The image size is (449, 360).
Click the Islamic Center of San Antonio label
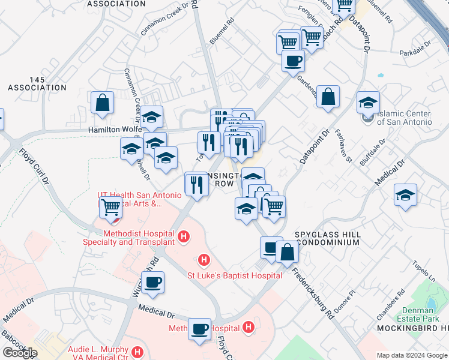pyautogui.click(x=405, y=118)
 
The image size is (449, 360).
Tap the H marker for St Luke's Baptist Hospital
pyautogui.click(x=204, y=260)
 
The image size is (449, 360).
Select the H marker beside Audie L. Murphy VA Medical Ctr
pyautogui.click(x=137, y=352)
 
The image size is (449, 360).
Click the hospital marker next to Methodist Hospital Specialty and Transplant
pyautogui.click(x=184, y=238)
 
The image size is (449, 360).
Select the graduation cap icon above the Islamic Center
pyautogui.click(x=368, y=102)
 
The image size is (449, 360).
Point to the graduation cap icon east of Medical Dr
pyautogui.click(x=406, y=195)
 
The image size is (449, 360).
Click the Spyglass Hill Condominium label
pyautogui.click(x=327, y=238)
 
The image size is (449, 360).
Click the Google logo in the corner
pyautogui.click(x=20, y=353)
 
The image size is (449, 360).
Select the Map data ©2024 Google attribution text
pyautogui.click(x=412, y=355)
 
